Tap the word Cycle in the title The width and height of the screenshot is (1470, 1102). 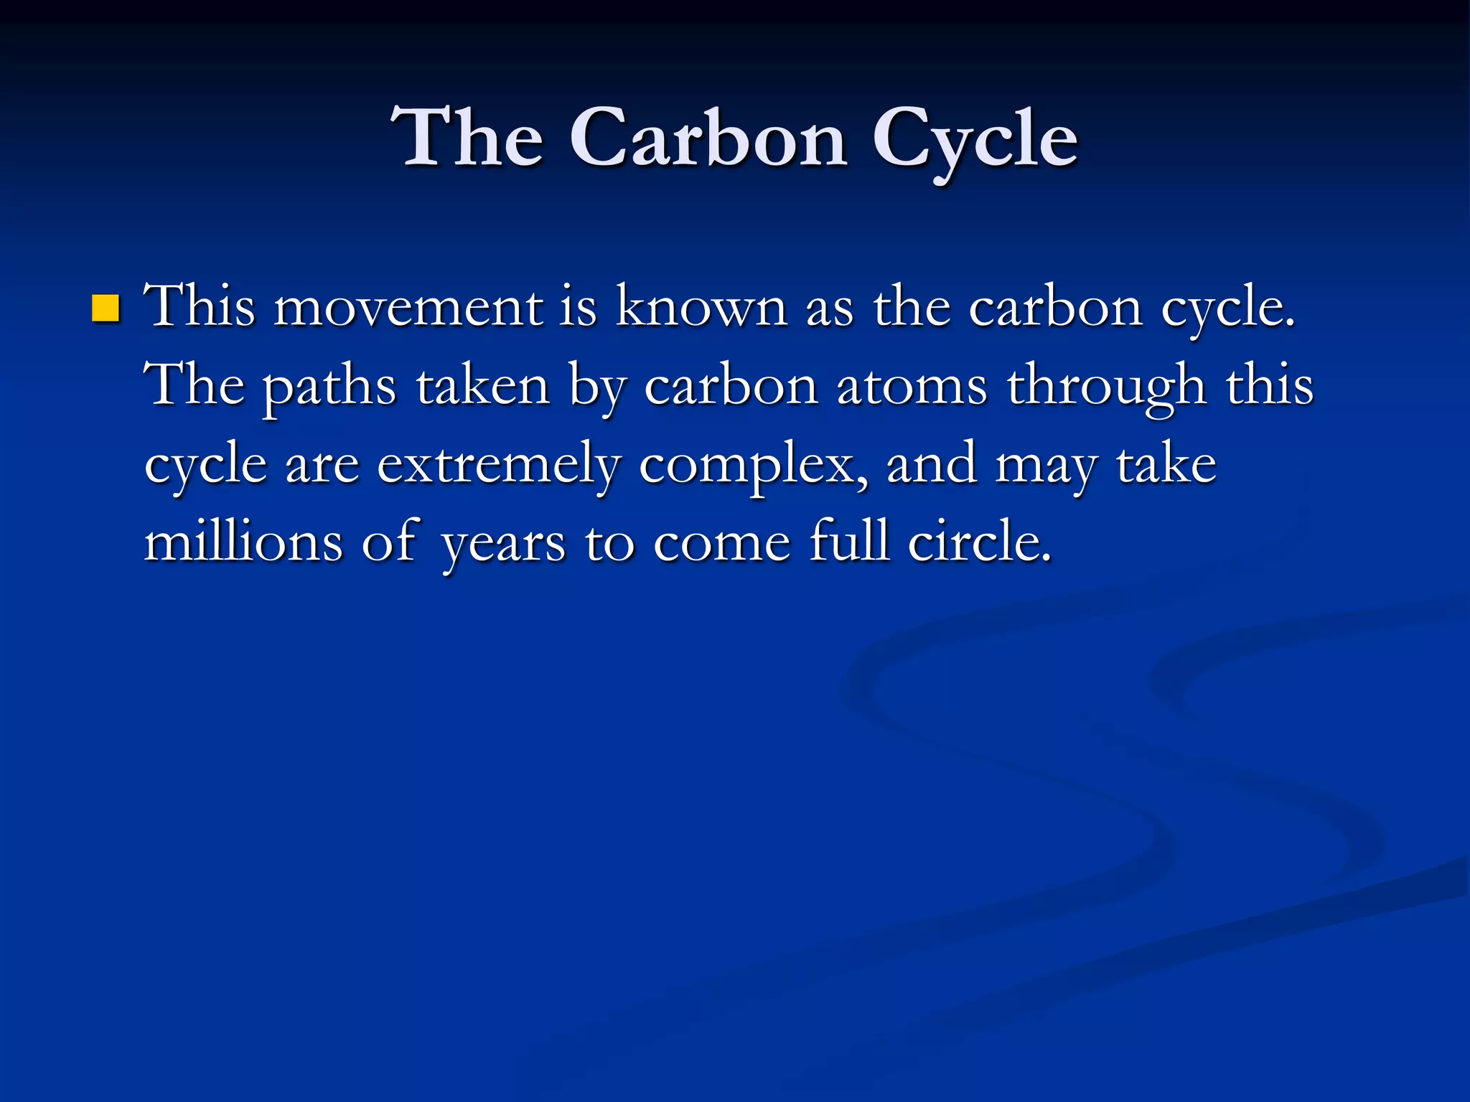pyautogui.click(x=975, y=139)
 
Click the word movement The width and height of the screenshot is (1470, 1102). pyautogui.click(x=408, y=307)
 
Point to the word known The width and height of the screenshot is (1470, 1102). pyautogui.click(x=701, y=307)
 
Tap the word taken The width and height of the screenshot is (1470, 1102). pyautogui.click(x=483, y=386)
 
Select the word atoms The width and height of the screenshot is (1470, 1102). pyautogui.click(x=912, y=386)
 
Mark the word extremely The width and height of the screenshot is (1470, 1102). pyautogui.click(x=498, y=465)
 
